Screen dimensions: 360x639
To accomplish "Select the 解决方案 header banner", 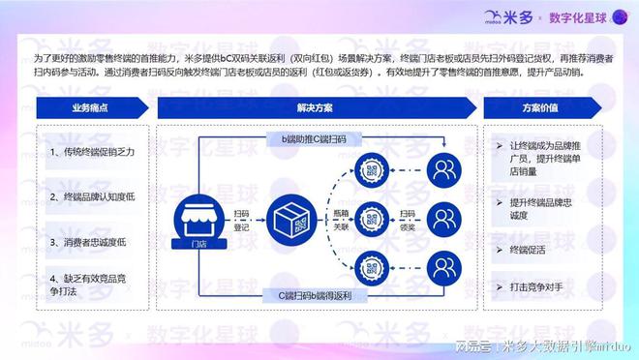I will (316, 108).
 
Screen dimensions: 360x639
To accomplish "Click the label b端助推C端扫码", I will (316, 139).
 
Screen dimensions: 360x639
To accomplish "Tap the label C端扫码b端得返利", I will (316, 292).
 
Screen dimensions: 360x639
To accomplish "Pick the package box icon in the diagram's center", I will (291, 215).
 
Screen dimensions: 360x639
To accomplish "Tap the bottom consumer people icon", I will (446, 262).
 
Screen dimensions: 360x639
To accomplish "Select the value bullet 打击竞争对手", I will (538, 286).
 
